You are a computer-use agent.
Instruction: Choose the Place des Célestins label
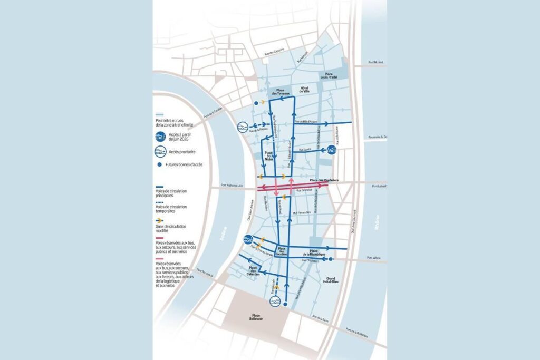[256, 270]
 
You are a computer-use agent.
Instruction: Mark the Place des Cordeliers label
[324, 181]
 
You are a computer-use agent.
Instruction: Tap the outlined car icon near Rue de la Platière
[243, 127]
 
